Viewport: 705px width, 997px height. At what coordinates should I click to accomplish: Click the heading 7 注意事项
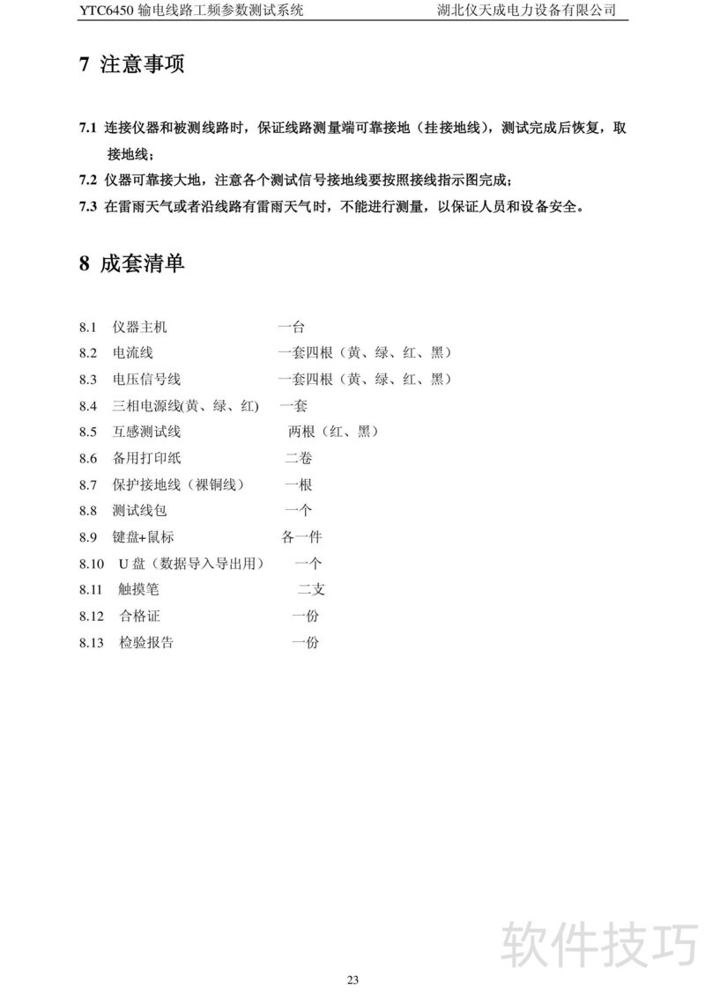pyautogui.click(x=131, y=64)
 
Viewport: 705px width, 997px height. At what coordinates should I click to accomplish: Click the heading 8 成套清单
pyautogui.click(x=131, y=263)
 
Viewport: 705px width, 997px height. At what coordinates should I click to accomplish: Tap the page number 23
pyautogui.click(x=352, y=980)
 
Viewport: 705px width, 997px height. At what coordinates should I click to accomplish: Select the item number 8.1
pyautogui.click(x=86, y=328)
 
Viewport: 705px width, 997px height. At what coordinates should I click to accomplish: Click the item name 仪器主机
pyautogui.click(x=139, y=328)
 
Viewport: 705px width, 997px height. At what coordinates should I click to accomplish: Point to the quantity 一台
pyautogui.click(x=291, y=328)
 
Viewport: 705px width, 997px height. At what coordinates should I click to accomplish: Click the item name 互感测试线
pyautogui.click(x=146, y=432)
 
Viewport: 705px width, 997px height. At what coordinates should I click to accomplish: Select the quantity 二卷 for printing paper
pyautogui.click(x=298, y=458)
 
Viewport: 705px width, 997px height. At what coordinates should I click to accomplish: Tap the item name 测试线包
pyautogui.click(x=139, y=511)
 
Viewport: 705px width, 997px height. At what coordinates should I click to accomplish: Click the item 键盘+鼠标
pyautogui.click(x=144, y=537)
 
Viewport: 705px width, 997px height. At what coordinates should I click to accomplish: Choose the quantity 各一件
pyautogui.click(x=301, y=537)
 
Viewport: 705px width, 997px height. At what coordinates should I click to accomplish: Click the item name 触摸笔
pyautogui.click(x=139, y=590)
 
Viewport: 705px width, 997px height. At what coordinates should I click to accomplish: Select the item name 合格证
pyautogui.click(x=139, y=617)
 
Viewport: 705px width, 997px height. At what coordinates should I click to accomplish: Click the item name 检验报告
pyautogui.click(x=146, y=643)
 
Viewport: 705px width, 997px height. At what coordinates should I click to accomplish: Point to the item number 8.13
pyautogui.click(x=91, y=643)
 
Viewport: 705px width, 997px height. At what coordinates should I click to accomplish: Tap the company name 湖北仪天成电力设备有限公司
pyautogui.click(x=526, y=11)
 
